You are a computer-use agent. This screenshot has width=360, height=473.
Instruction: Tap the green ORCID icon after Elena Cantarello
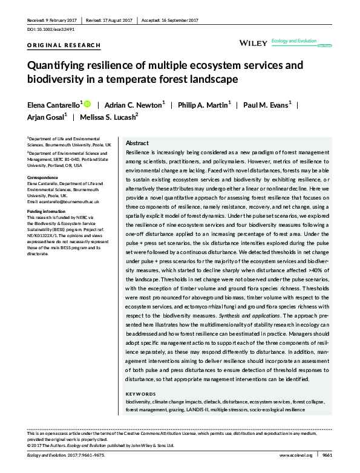(87, 104)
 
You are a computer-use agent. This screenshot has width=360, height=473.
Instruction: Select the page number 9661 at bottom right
(327, 454)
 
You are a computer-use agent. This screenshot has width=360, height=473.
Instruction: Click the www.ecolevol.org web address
(294, 454)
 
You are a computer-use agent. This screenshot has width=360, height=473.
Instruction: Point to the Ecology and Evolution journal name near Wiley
(294, 41)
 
